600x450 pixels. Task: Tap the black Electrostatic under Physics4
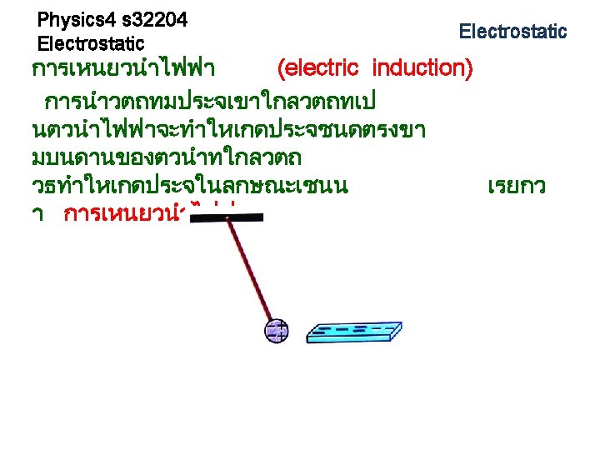coord(91,42)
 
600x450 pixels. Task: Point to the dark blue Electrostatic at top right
coord(512,32)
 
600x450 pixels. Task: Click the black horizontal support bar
coord(227,217)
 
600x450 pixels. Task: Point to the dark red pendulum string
coord(250,271)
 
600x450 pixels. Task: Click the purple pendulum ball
coord(276,331)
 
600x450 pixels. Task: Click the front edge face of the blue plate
coord(350,338)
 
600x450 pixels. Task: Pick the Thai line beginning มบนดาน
coord(167,157)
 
